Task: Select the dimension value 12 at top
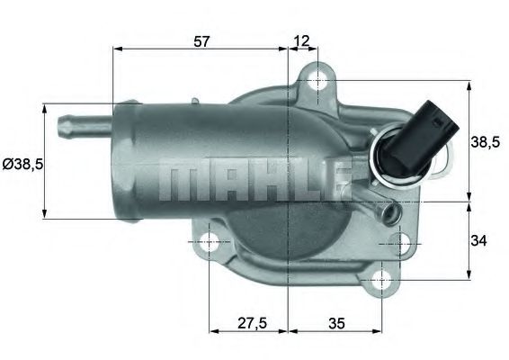pos(300,40)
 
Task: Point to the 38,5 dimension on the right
pos(487,140)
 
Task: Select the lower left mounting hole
pos(209,242)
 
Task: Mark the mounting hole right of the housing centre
pos(402,243)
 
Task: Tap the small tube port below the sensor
pos(388,213)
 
